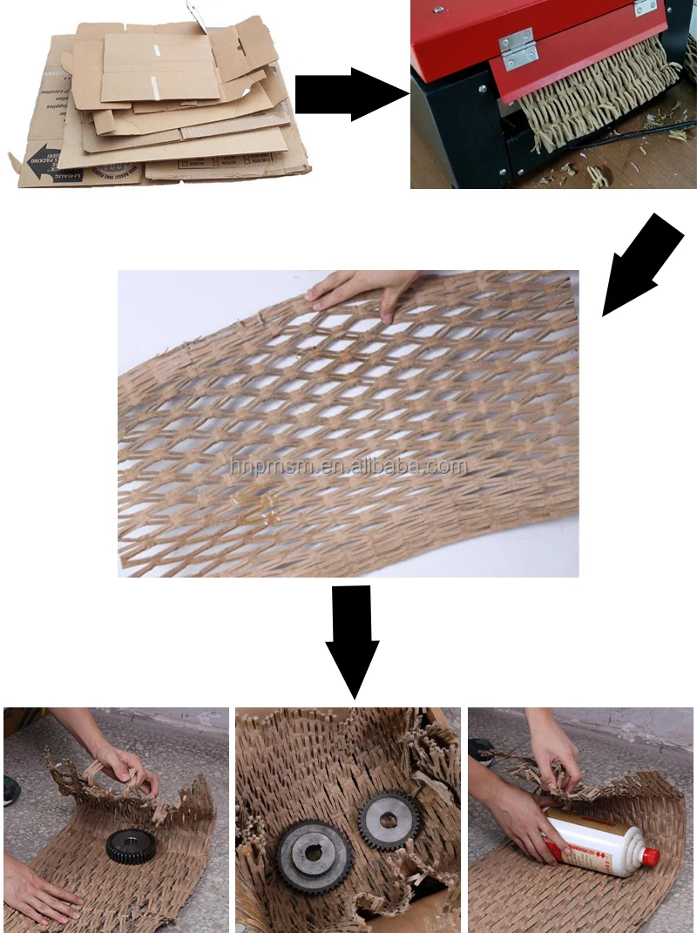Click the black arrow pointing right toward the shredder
348,94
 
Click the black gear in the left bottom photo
128,845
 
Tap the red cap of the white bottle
649,857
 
